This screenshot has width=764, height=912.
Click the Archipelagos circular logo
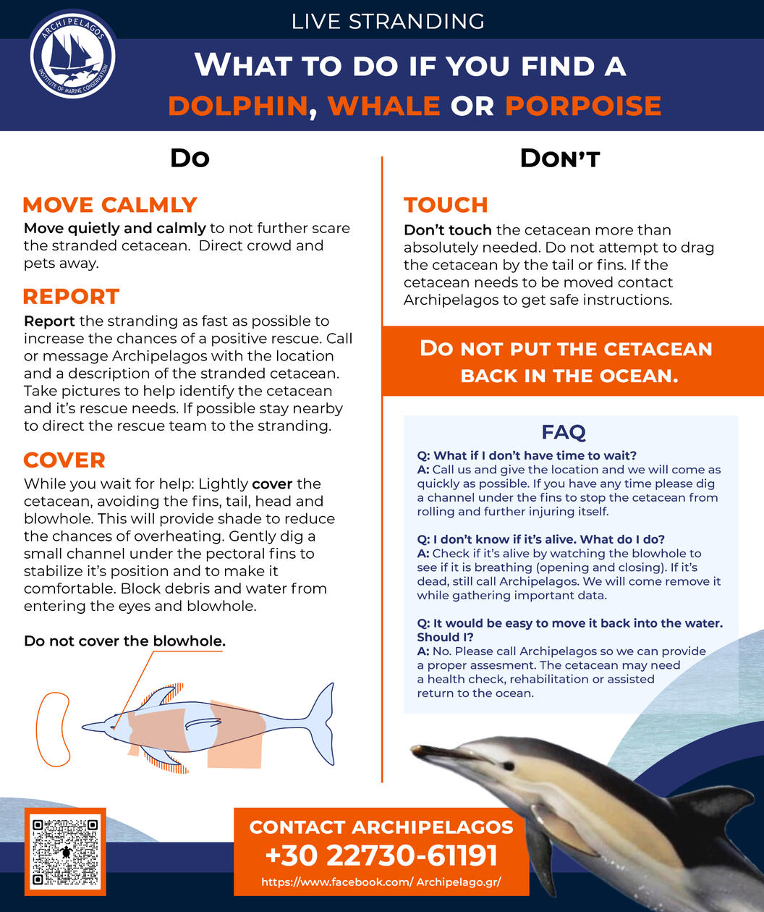pyautogui.click(x=72, y=55)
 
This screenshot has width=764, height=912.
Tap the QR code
pyautogui.click(x=65, y=851)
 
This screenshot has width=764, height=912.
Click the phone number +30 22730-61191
pyautogui.click(x=381, y=856)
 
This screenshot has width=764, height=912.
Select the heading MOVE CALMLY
pyautogui.click(x=110, y=205)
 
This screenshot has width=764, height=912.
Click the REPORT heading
pyautogui.click(x=71, y=297)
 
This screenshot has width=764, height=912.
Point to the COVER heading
pyautogui.click(x=64, y=460)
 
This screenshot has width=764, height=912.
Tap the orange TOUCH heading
pyautogui.click(x=446, y=205)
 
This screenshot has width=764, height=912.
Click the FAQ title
pyautogui.click(x=563, y=433)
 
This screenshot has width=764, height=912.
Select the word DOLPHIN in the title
pyautogui.click(x=238, y=106)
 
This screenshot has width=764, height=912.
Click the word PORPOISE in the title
pyautogui.click(x=583, y=106)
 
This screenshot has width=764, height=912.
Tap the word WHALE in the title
pyautogui.click(x=383, y=106)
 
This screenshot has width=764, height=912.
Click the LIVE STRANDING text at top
pyautogui.click(x=388, y=21)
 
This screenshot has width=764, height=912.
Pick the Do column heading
pyautogui.click(x=190, y=158)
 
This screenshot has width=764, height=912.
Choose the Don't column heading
pyautogui.click(x=560, y=158)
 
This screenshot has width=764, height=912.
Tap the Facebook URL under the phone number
pyautogui.click(x=381, y=882)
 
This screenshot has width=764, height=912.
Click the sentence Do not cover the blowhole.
pyautogui.click(x=124, y=641)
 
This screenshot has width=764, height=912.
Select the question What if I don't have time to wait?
pyautogui.click(x=527, y=455)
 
